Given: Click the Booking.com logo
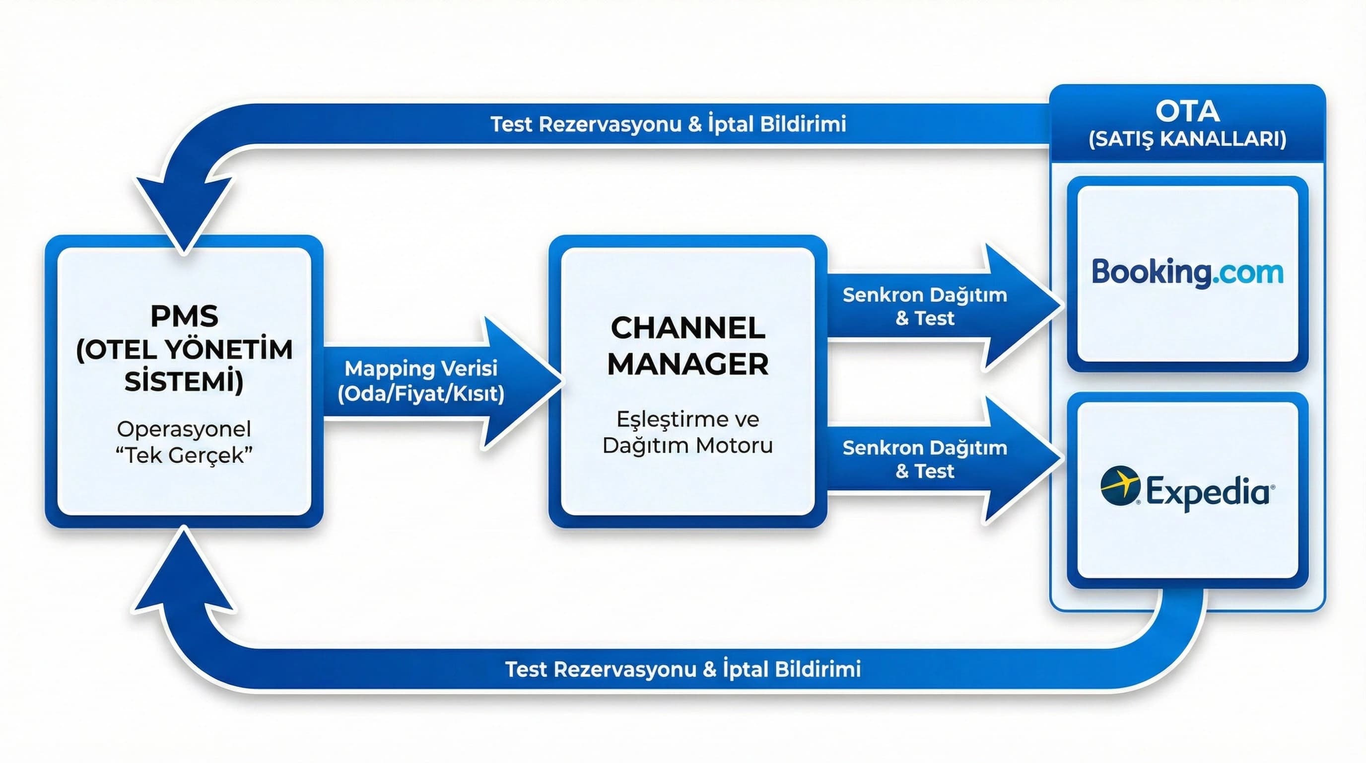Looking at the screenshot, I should pos(1187,273).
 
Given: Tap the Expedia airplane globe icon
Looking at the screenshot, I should pos(1120,485).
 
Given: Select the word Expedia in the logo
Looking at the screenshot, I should pos(1209,492).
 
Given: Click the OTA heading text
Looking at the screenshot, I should pos(1187,111).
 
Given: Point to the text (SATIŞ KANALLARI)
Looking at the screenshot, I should pos(1187,139).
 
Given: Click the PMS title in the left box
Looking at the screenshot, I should pos(184,317).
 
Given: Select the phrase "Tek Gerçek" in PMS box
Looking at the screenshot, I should pos(184,455).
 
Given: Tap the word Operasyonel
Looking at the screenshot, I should pos(184,429).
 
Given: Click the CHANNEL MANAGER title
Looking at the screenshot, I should pos(688,346).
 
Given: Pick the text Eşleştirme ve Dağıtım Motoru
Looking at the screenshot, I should pos(688,432).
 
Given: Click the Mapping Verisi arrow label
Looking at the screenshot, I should pos(421,368).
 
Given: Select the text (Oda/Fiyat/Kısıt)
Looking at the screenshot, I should pos(421,394).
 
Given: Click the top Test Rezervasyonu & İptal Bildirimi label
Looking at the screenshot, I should pos(668,124).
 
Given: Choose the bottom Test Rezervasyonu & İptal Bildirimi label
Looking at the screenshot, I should pos(683,669).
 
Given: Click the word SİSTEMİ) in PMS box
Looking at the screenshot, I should pos(184,381).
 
